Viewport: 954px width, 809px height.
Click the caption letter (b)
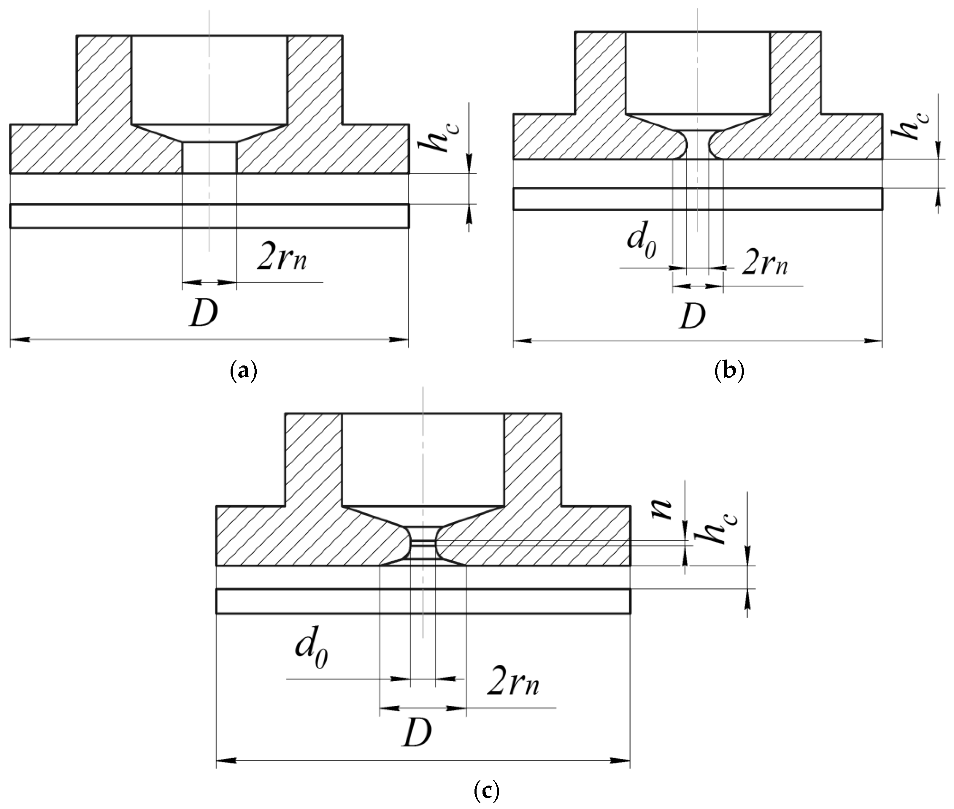click(x=729, y=371)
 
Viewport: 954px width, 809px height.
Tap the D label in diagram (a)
click(x=204, y=313)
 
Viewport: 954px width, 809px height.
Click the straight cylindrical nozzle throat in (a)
click(x=209, y=157)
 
